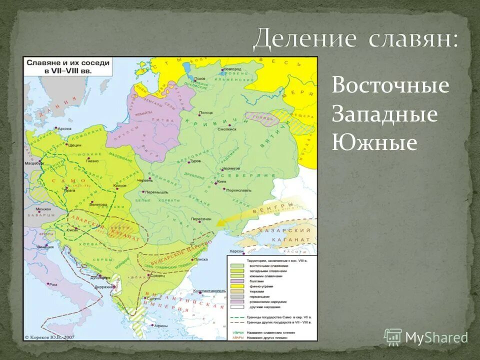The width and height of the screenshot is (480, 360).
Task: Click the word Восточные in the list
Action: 390,86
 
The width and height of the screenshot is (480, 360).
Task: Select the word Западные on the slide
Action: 384,114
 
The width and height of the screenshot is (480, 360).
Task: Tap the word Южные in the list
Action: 374,143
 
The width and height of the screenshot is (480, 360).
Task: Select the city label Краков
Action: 120,185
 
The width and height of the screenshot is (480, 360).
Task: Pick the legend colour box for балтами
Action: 236,281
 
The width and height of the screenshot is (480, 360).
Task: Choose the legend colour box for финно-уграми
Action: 236,286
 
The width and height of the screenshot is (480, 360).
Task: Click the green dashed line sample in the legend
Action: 236,317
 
